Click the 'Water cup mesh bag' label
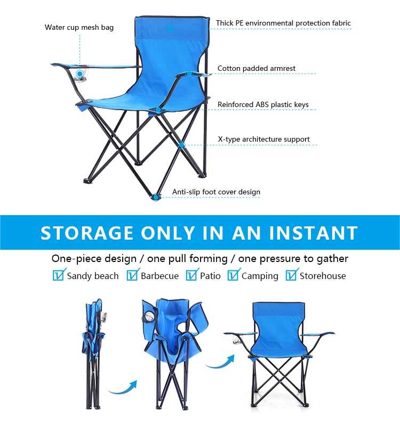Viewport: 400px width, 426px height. pyautogui.click(x=79, y=28)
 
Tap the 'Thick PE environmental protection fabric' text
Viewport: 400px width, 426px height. pyautogui.click(x=283, y=23)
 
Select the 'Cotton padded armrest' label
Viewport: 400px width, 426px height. pyautogui.click(x=257, y=69)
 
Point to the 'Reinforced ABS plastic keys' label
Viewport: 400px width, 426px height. pyautogui.click(x=263, y=104)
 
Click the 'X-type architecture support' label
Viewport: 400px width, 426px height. pyautogui.click(x=264, y=140)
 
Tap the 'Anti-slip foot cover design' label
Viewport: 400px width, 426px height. pyautogui.click(x=217, y=192)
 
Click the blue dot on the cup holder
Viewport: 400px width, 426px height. pyautogui.click(x=79, y=73)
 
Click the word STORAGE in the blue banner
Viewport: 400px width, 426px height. pyautogui.click(x=87, y=233)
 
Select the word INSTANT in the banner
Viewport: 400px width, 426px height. pyautogui.click(x=314, y=233)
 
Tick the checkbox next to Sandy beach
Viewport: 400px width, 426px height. pyautogui.click(x=59, y=275)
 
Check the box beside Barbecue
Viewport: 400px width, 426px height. pyautogui.click(x=132, y=275)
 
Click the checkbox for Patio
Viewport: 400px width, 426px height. pyautogui.click(x=192, y=275)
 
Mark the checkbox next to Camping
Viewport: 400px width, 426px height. pyautogui.click(x=234, y=275)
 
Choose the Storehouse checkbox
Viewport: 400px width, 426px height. pyautogui.click(x=292, y=275)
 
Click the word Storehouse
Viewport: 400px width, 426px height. pyautogui.click(x=323, y=276)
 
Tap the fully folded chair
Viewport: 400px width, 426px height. pyautogui.click(x=94, y=353)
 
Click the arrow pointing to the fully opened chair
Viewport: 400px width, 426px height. pyautogui.click(x=220, y=363)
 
